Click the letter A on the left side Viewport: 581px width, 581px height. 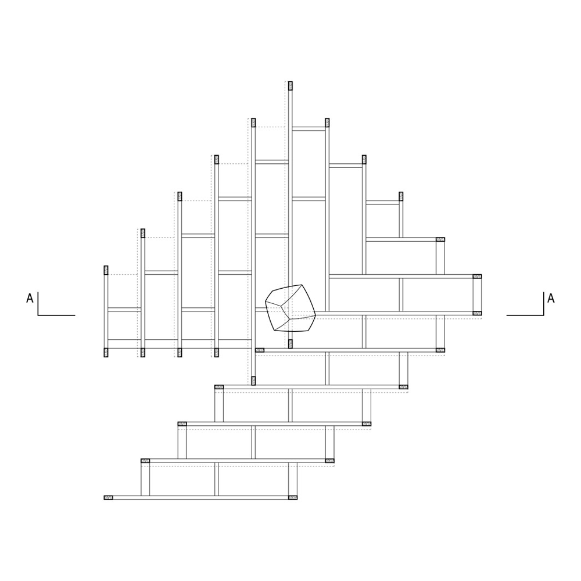coord(30,298)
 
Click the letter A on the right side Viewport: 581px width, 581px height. coord(551,298)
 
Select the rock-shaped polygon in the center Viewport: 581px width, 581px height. coord(290,308)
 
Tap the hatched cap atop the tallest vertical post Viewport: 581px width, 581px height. coord(290,85)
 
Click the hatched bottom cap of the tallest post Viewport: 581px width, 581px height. coord(290,344)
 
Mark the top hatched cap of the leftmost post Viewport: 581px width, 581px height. coord(106,270)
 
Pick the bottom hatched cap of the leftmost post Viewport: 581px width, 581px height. coord(106,353)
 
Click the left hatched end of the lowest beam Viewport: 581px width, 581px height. coord(108,497)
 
